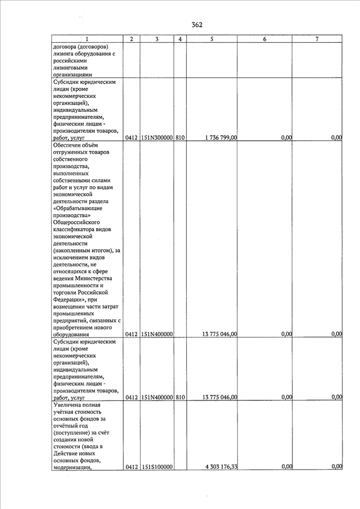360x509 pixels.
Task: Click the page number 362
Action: [x=196, y=25]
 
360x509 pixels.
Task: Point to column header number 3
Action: [x=157, y=39]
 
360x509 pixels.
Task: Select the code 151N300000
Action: [x=157, y=137]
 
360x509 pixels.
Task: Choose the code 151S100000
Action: [x=157, y=466]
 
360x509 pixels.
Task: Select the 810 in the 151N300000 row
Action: [x=180, y=137]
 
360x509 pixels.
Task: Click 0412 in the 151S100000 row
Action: [x=132, y=466]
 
